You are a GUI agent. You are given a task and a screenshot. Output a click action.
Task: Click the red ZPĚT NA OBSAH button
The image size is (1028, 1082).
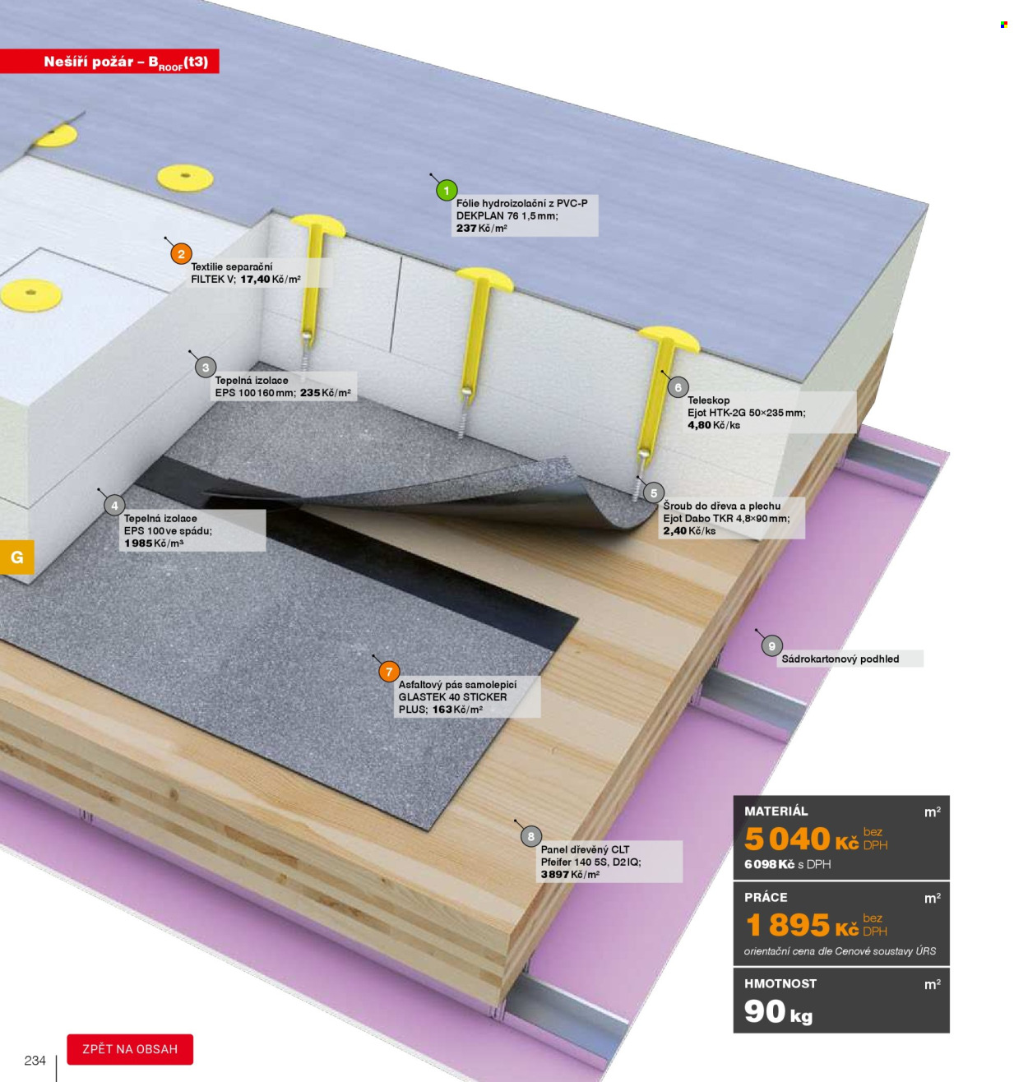tap(130, 1049)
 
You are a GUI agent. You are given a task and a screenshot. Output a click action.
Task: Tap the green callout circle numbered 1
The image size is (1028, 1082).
tap(447, 191)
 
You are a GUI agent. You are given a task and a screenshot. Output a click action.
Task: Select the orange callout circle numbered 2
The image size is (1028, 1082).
tap(181, 254)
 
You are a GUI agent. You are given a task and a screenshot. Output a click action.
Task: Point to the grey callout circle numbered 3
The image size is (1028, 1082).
tap(206, 367)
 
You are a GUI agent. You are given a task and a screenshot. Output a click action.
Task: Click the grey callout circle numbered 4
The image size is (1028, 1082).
tap(114, 505)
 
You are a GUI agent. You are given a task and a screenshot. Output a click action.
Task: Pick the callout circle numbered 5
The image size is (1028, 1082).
tap(654, 492)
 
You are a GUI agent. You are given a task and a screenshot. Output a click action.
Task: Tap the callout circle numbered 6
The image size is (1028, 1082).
tap(678, 387)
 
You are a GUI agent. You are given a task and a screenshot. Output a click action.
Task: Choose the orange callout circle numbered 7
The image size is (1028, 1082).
tap(389, 672)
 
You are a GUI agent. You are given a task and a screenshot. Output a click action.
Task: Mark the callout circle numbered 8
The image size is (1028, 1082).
tap(530, 836)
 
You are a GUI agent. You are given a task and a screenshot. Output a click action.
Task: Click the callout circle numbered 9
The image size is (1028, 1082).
tap(771, 646)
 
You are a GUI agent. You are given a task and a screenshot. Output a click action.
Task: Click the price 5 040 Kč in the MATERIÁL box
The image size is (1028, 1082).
tap(801, 839)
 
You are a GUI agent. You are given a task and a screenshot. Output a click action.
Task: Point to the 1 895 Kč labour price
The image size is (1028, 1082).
tap(801, 926)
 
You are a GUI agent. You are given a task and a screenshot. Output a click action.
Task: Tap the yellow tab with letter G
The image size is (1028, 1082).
tap(17, 557)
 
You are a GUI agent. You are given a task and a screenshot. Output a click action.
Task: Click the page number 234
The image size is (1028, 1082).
tap(35, 1061)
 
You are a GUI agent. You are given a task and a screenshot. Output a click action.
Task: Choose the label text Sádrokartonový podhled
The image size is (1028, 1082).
tap(840, 659)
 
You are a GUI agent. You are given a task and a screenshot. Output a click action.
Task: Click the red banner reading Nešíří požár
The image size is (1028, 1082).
tap(109, 61)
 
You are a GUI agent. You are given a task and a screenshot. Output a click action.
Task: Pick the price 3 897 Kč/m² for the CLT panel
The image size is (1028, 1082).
tap(570, 875)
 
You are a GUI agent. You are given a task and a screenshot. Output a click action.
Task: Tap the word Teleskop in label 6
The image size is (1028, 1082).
tap(708, 400)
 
